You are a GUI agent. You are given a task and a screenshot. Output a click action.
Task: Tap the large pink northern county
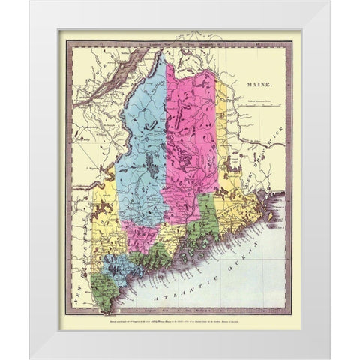(190, 127)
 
